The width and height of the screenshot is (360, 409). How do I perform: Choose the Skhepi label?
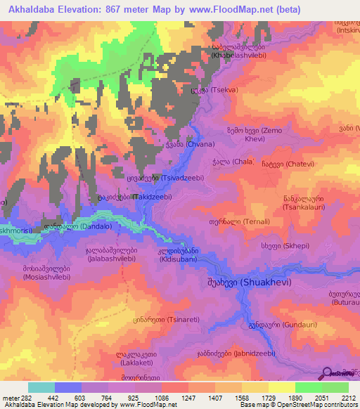(281, 246)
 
